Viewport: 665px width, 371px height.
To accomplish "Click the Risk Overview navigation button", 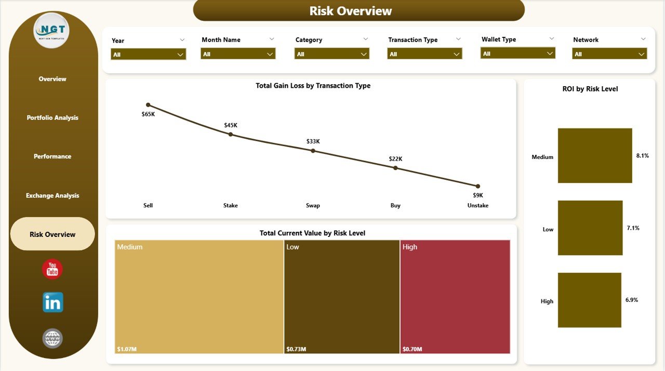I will pos(52,234).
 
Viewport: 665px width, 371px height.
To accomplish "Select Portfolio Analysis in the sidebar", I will pos(52,118).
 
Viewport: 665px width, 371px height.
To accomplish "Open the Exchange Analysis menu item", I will pos(52,196).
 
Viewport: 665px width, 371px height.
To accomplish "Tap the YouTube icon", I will pos(52,269).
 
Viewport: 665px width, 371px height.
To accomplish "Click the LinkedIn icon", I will pos(52,302).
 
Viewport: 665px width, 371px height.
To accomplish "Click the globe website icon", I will pos(52,338).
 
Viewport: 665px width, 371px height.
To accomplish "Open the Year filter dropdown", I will pos(148,55).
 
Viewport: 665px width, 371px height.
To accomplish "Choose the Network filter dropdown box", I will pos(609,54).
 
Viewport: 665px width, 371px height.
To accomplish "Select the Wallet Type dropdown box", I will pos(517,54).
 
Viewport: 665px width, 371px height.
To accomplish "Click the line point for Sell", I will pos(148,105).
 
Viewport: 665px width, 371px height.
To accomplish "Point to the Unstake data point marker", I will pos(478,186).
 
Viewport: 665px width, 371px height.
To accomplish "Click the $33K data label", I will pos(313,141).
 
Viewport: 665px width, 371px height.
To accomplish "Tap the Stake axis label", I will pos(231,206).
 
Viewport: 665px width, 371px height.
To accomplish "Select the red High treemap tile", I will pos(455,296).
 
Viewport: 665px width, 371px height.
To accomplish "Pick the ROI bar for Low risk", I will pos(590,228).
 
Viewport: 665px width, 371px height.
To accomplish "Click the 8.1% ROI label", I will pos(642,155).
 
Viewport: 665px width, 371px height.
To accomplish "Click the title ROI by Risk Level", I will pos(590,89).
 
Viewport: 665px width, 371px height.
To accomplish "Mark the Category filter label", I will pos(309,40).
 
